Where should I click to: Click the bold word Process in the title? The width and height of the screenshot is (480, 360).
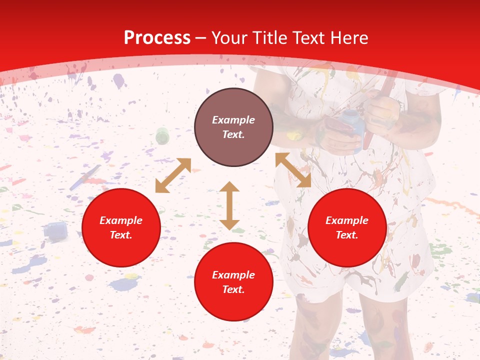pyautogui.click(x=157, y=38)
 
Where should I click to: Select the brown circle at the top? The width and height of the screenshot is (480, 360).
pyautogui.click(x=233, y=127)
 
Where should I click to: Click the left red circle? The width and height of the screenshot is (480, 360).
pyautogui.click(x=121, y=228)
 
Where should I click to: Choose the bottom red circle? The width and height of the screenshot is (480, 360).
pyautogui.click(x=233, y=282)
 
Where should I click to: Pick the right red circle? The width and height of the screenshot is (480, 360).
pyautogui.click(x=347, y=228)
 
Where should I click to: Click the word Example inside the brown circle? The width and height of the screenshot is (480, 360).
pyautogui.click(x=233, y=120)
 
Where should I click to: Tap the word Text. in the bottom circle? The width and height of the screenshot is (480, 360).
pyautogui.click(x=233, y=289)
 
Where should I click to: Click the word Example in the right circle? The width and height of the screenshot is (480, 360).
pyautogui.click(x=347, y=220)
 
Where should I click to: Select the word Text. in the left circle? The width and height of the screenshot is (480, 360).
pyautogui.click(x=121, y=235)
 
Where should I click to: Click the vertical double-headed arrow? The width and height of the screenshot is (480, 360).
pyautogui.click(x=229, y=205)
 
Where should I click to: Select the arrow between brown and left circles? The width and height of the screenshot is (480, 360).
pyautogui.click(x=173, y=175)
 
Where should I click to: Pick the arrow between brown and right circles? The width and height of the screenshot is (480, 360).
pyautogui.click(x=293, y=170)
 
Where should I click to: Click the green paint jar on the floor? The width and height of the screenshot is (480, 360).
pyautogui.click(x=162, y=135)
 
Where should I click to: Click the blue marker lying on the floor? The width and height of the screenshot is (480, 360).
pyautogui.click(x=85, y=178)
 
